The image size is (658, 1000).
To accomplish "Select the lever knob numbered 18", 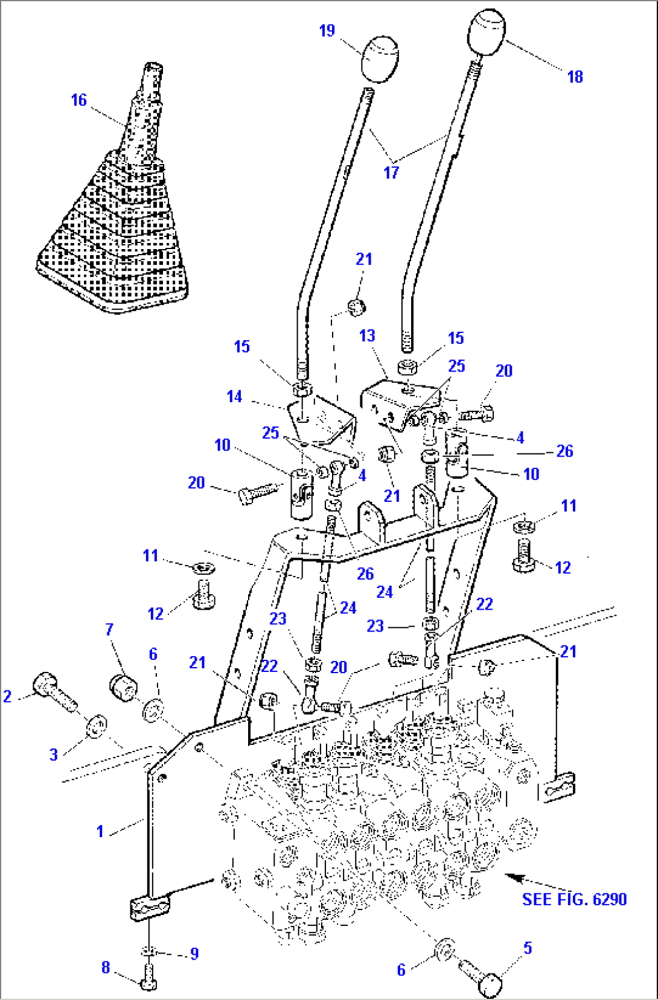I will tap(487, 32).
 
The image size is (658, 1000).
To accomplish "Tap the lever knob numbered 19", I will tap(380, 59).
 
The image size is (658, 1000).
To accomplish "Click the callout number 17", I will tap(391, 172).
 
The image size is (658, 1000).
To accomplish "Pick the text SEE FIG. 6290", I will tap(574, 899).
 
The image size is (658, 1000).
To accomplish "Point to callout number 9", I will tap(194, 954).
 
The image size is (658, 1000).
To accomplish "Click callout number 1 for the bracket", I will tap(100, 831).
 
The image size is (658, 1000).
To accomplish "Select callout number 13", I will tap(367, 336).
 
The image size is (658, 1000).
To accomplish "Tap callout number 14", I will tap(234, 396).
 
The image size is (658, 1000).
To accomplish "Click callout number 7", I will tap(109, 630).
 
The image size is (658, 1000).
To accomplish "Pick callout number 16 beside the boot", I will tap(79, 100).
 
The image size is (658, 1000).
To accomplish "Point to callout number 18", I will tap(575, 77).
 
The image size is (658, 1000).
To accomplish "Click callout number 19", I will tap(327, 31).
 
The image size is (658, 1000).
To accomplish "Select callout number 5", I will tap(528, 948).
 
